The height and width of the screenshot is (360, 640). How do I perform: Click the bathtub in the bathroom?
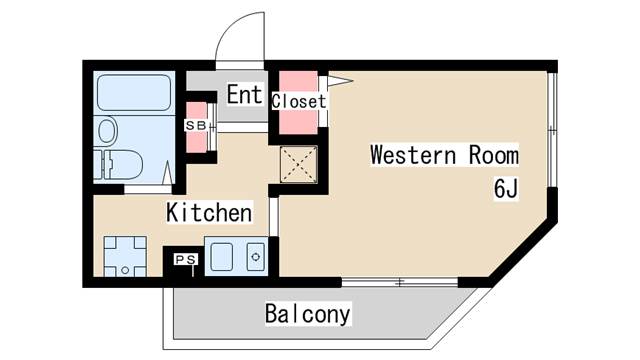click(x=133, y=92)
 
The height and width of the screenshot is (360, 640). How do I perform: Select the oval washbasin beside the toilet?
click(x=106, y=130)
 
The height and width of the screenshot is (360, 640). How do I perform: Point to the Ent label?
click(x=244, y=95)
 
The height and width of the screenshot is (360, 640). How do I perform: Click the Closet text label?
click(x=299, y=101)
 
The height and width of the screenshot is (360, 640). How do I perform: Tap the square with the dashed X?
click(x=297, y=164)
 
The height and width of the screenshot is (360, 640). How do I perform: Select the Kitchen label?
click(x=208, y=212)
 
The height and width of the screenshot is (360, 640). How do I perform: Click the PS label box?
click(x=186, y=259)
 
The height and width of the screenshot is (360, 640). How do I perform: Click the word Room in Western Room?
click(x=493, y=155)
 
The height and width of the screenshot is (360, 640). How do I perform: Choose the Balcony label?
click(x=308, y=314)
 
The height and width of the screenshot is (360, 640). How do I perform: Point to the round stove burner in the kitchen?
click(x=255, y=256)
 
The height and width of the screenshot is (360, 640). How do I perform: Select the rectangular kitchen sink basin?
click(x=223, y=256)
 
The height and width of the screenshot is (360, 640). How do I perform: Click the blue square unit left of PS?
click(x=125, y=255)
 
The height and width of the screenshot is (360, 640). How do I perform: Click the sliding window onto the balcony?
click(x=399, y=282)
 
